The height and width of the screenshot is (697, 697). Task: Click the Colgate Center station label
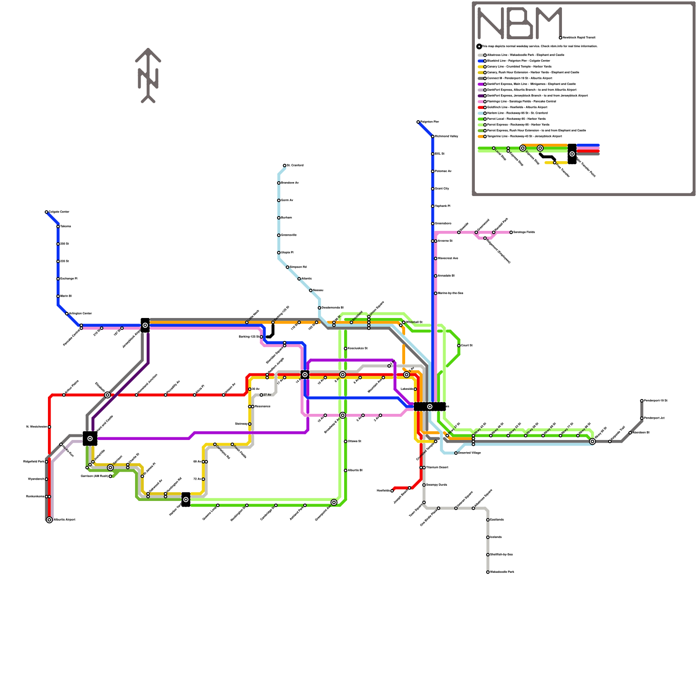tap(59, 212)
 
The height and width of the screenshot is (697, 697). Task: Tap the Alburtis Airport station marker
tap(49, 520)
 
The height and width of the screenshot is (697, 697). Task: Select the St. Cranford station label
tap(295, 166)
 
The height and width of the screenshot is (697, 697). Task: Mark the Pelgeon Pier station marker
tap(418, 122)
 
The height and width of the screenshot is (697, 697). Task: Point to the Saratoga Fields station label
tap(524, 232)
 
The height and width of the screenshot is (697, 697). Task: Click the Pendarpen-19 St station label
tap(655, 400)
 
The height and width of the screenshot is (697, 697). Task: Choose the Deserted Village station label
tap(469, 453)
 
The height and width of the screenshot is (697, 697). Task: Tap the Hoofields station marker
tap(392, 491)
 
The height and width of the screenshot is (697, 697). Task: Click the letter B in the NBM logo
tap(520, 24)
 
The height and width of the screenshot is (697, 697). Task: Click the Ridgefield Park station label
tap(34, 461)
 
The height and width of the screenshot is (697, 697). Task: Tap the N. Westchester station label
tap(36, 426)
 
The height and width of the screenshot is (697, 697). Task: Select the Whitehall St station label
tap(414, 322)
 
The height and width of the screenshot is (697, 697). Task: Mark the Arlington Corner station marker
tap(67, 314)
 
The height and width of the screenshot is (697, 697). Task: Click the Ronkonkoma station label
tap(35, 496)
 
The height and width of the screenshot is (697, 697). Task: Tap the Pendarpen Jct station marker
tap(642, 418)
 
